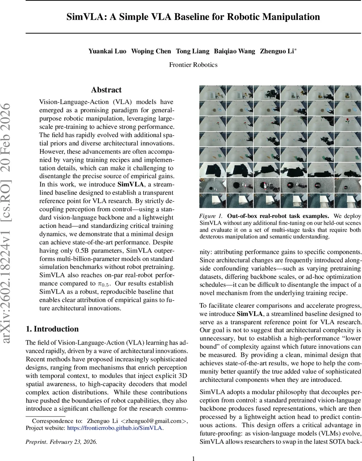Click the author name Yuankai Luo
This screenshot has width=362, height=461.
[108, 51]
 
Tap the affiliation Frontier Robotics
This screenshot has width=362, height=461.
[193, 65]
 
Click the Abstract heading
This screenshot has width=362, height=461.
[106, 90]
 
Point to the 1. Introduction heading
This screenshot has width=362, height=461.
[52, 329]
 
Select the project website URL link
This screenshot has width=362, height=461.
[115, 428]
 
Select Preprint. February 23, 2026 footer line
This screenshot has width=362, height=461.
[61, 442]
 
